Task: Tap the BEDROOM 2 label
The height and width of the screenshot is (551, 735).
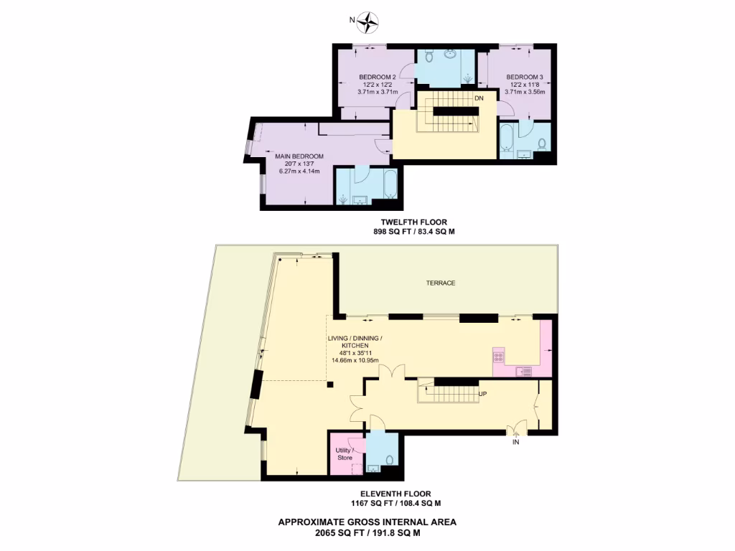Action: pyautogui.click(x=377, y=77)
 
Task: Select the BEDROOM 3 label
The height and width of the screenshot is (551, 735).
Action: pyautogui.click(x=525, y=77)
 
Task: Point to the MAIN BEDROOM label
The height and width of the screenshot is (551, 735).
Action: pyautogui.click(x=299, y=156)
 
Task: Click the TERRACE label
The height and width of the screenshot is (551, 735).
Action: pyautogui.click(x=441, y=283)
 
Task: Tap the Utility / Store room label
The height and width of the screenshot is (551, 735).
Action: pyautogui.click(x=345, y=452)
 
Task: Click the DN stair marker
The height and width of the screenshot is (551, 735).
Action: pyautogui.click(x=479, y=98)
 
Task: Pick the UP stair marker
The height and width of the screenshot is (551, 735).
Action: pyautogui.click(x=482, y=394)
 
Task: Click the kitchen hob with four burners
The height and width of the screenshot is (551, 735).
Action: pyautogui.click(x=499, y=356)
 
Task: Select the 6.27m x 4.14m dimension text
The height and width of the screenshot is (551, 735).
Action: pyautogui.click(x=299, y=171)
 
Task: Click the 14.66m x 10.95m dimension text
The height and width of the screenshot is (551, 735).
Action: pyautogui.click(x=355, y=360)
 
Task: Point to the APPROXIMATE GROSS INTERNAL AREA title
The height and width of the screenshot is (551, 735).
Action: pyautogui.click(x=367, y=522)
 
